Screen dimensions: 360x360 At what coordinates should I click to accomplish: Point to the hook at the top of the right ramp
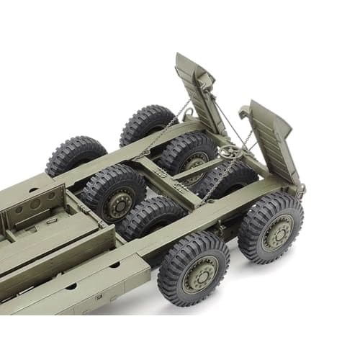coord(245,112)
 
